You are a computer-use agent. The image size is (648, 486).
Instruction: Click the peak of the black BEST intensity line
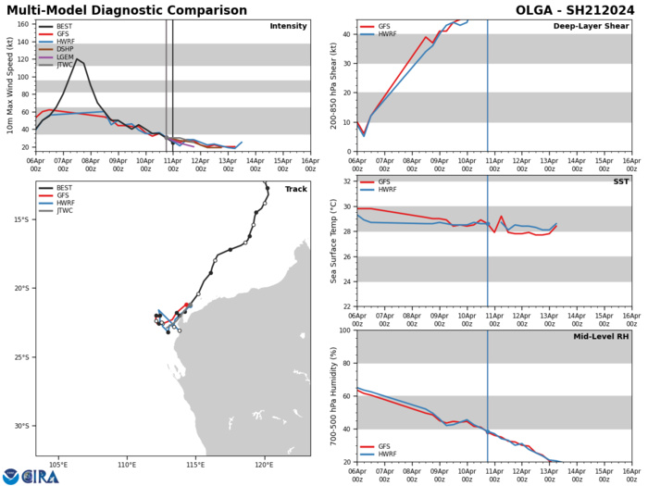[x=77, y=59]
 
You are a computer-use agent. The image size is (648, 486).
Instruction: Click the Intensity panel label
[x=288, y=26]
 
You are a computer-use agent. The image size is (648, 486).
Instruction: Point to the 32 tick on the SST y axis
[x=344, y=207]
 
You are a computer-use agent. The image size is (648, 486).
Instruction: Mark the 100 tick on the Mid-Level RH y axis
[x=342, y=331]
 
